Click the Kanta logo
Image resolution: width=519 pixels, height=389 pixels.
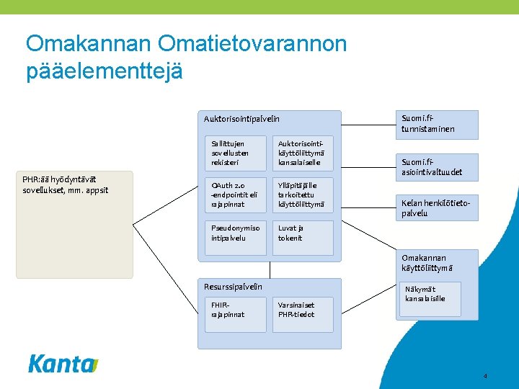(x=63, y=364)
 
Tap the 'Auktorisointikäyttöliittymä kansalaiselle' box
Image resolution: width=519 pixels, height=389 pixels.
(x=303, y=153)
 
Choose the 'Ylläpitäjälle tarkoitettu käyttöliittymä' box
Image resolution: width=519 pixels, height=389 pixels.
(x=303, y=195)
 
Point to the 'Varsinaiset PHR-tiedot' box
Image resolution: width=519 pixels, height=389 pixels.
(x=303, y=314)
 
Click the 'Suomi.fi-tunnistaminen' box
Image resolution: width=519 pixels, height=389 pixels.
(x=438, y=124)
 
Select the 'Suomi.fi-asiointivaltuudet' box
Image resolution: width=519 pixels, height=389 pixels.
(x=438, y=167)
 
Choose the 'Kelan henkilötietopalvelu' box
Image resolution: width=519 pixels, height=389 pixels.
(x=438, y=208)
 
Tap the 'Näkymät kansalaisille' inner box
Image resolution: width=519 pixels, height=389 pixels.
(x=430, y=298)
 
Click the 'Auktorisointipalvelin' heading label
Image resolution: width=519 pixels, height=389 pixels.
(x=241, y=119)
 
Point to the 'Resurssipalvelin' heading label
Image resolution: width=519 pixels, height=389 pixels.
(x=233, y=287)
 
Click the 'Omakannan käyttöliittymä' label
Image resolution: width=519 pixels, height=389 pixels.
(x=427, y=263)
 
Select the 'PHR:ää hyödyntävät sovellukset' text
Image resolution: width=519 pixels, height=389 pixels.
(x=65, y=184)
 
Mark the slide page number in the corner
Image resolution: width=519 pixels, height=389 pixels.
(x=486, y=376)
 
